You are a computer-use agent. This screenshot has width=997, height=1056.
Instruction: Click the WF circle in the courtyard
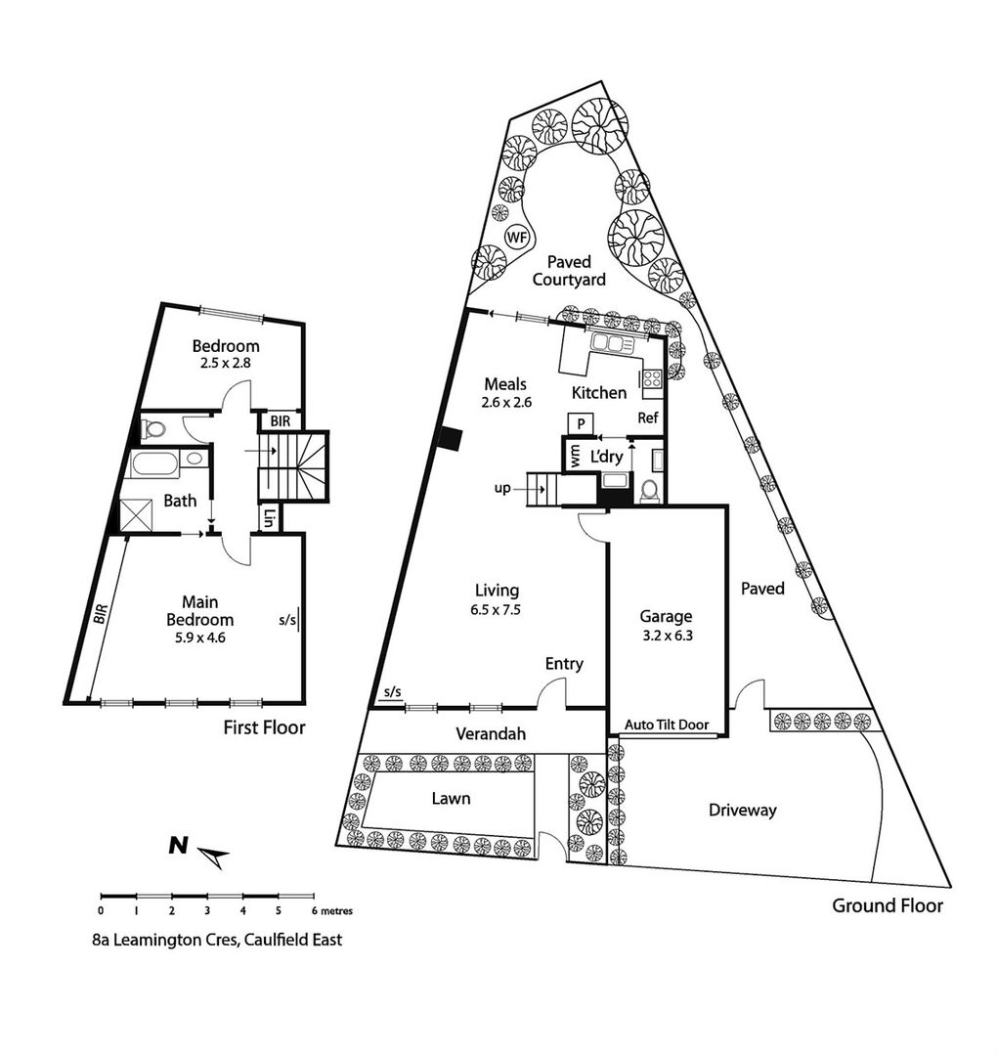[517, 237]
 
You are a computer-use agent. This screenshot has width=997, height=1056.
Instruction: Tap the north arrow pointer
[213, 858]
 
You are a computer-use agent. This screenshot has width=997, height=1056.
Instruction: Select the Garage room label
[665, 616]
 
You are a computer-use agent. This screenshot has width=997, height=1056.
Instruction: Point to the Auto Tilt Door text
[667, 725]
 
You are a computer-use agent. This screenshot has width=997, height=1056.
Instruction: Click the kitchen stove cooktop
[652, 378]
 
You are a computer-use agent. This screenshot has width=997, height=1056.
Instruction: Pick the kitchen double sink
[612, 343]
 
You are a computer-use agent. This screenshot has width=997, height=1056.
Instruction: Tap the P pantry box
[581, 423]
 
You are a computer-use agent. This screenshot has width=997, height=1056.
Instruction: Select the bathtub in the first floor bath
[154, 463]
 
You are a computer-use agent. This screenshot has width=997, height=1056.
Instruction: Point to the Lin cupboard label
[269, 518]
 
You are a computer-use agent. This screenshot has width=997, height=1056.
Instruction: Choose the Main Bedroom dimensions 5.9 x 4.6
[200, 638]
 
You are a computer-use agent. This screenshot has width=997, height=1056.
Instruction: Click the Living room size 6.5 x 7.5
[497, 610]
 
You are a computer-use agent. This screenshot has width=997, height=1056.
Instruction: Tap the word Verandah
[490, 733]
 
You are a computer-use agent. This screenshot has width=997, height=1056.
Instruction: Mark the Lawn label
[451, 799]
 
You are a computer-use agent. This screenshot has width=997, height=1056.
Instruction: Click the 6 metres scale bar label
[332, 911]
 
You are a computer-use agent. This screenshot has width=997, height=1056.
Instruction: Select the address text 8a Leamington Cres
[166, 940]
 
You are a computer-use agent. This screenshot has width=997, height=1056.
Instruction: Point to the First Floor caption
[265, 727]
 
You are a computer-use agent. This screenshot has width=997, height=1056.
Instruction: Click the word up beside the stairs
[502, 489]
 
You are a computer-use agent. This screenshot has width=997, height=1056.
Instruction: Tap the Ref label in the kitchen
[648, 418]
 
